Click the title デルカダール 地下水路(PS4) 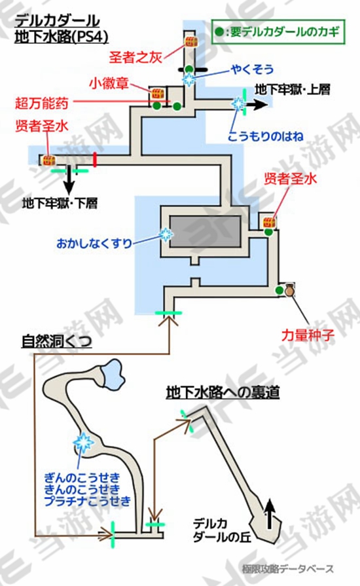(x=62, y=29)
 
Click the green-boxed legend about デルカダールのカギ (x=278, y=32)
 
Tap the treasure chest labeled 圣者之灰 (x=191, y=41)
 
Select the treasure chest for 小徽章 (x=158, y=94)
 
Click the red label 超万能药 (x=41, y=103)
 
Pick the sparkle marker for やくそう (x=189, y=80)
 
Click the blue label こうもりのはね (x=266, y=136)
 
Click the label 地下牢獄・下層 (x=60, y=204)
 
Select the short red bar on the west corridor (x=95, y=160)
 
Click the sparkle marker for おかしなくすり (x=166, y=234)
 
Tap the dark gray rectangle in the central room (x=205, y=232)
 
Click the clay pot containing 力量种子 (x=290, y=291)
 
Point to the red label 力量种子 (x=308, y=335)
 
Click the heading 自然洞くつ (x=56, y=341)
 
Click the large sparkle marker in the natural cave (x=83, y=442)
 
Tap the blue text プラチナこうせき (x=88, y=501)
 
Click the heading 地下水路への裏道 (x=223, y=392)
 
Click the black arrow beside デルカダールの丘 (x=270, y=515)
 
